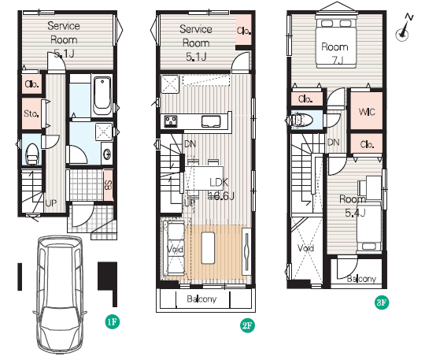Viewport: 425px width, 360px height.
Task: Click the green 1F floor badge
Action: click(x=113, y=322)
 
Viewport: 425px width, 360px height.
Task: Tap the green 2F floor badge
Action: click(x=247, y=325)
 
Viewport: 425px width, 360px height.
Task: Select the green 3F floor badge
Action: click(x=382, y=302)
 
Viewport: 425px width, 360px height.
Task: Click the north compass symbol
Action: click(x=404, y=28)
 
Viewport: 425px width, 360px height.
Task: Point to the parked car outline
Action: click(x=60, y=295)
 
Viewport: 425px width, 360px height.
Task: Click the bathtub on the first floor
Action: click(x=102, y=95)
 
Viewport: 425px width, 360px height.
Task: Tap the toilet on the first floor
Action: click(x=32, y=154)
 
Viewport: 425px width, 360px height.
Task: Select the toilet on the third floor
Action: click(x=299, y=120)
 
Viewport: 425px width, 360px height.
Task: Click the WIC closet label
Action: click(x=367, y=112)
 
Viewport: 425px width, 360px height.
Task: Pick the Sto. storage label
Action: click(x=31, y=113)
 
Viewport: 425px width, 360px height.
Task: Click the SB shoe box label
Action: click(x=108, y=185)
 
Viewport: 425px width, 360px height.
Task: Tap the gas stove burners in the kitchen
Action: click(x=171, y=121)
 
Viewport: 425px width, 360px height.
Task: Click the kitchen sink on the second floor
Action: click(x=211, y=121)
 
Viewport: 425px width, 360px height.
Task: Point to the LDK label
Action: click(x=219, y=183)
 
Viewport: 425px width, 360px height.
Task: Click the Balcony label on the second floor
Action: click(x=201, y=299)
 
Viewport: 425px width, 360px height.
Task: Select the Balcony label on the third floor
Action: click(x=361, y=279)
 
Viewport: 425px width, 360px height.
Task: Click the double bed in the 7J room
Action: click(x=336, y=42)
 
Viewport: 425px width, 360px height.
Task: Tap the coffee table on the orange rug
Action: click(x=208, y=247)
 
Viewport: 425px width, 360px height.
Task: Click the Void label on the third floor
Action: click(x=305, y=247)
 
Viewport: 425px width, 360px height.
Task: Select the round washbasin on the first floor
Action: click(x=107, y=154)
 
